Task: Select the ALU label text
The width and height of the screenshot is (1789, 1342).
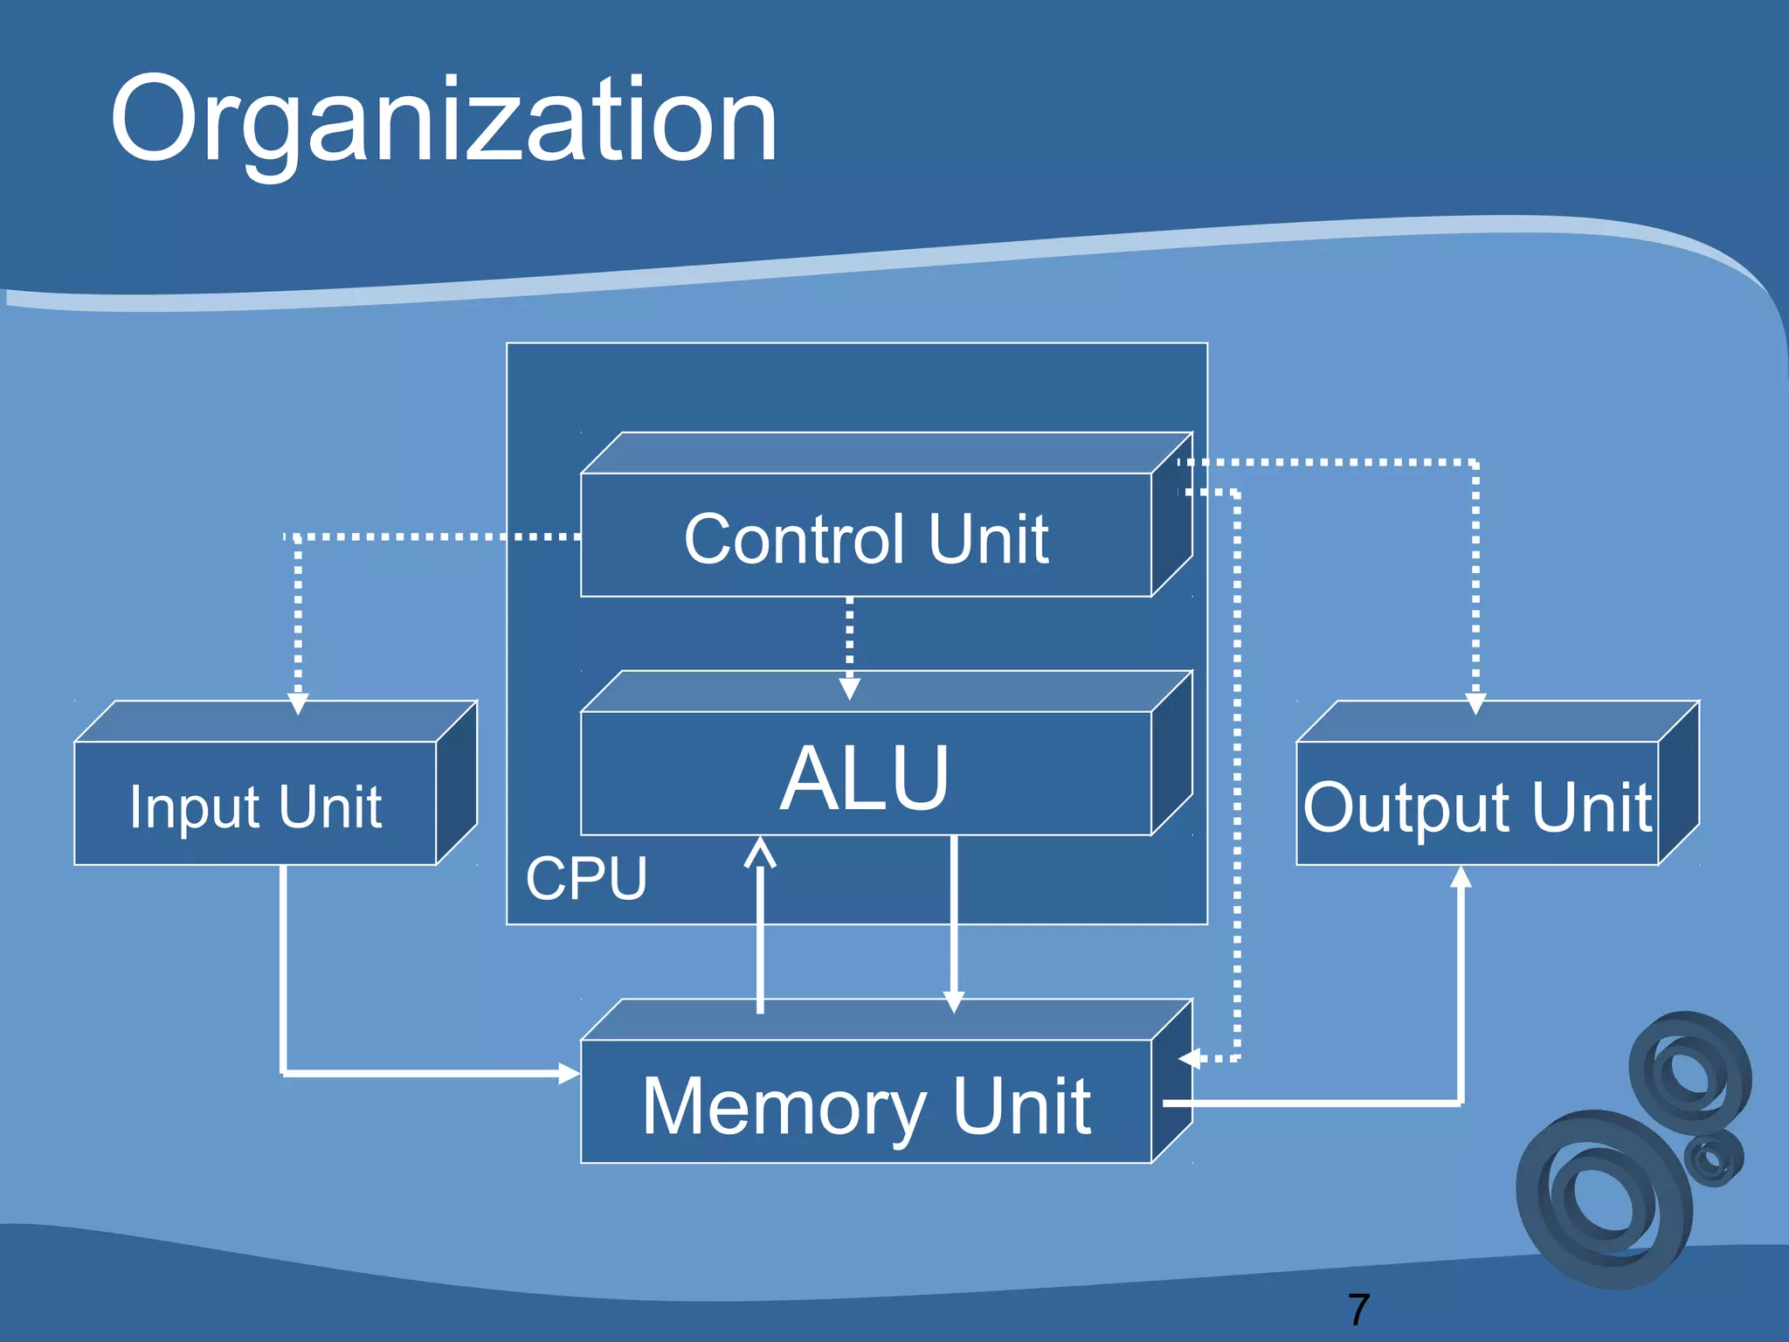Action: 864,778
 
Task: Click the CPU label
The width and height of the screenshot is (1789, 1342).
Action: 586,878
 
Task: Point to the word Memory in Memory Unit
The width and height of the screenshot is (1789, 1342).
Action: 784,1107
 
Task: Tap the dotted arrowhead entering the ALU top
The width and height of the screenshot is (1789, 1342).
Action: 849,689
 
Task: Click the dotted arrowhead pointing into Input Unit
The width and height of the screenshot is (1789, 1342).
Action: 298,704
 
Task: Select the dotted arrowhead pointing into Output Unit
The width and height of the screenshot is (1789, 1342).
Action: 1475,704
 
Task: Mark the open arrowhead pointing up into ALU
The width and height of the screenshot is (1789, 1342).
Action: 760,853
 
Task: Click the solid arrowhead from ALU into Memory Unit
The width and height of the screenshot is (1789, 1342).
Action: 954,1002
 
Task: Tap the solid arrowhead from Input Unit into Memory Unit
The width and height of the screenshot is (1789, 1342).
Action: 569,1073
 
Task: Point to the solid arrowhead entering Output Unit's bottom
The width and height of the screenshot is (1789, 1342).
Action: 1461,876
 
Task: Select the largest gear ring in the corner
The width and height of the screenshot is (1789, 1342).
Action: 1605,1200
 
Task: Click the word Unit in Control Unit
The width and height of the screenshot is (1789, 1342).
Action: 988,540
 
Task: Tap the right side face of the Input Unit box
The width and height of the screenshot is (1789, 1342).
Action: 456,783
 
